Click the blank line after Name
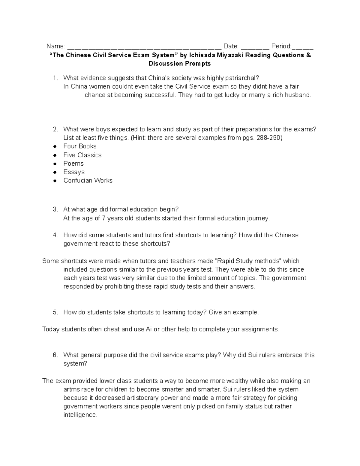click(144, 47)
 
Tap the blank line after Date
click(255, 47)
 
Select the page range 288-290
click(270, 138)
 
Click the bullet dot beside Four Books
click(55, 146)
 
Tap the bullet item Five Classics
click(82, 155)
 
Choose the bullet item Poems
click(73, 164)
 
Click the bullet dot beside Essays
click(55, 172)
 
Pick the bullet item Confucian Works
click(88, 181)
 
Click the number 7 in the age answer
click(103, 218)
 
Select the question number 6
click(55, 355)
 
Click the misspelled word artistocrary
click(137, 398)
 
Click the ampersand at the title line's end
click(309, 55)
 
